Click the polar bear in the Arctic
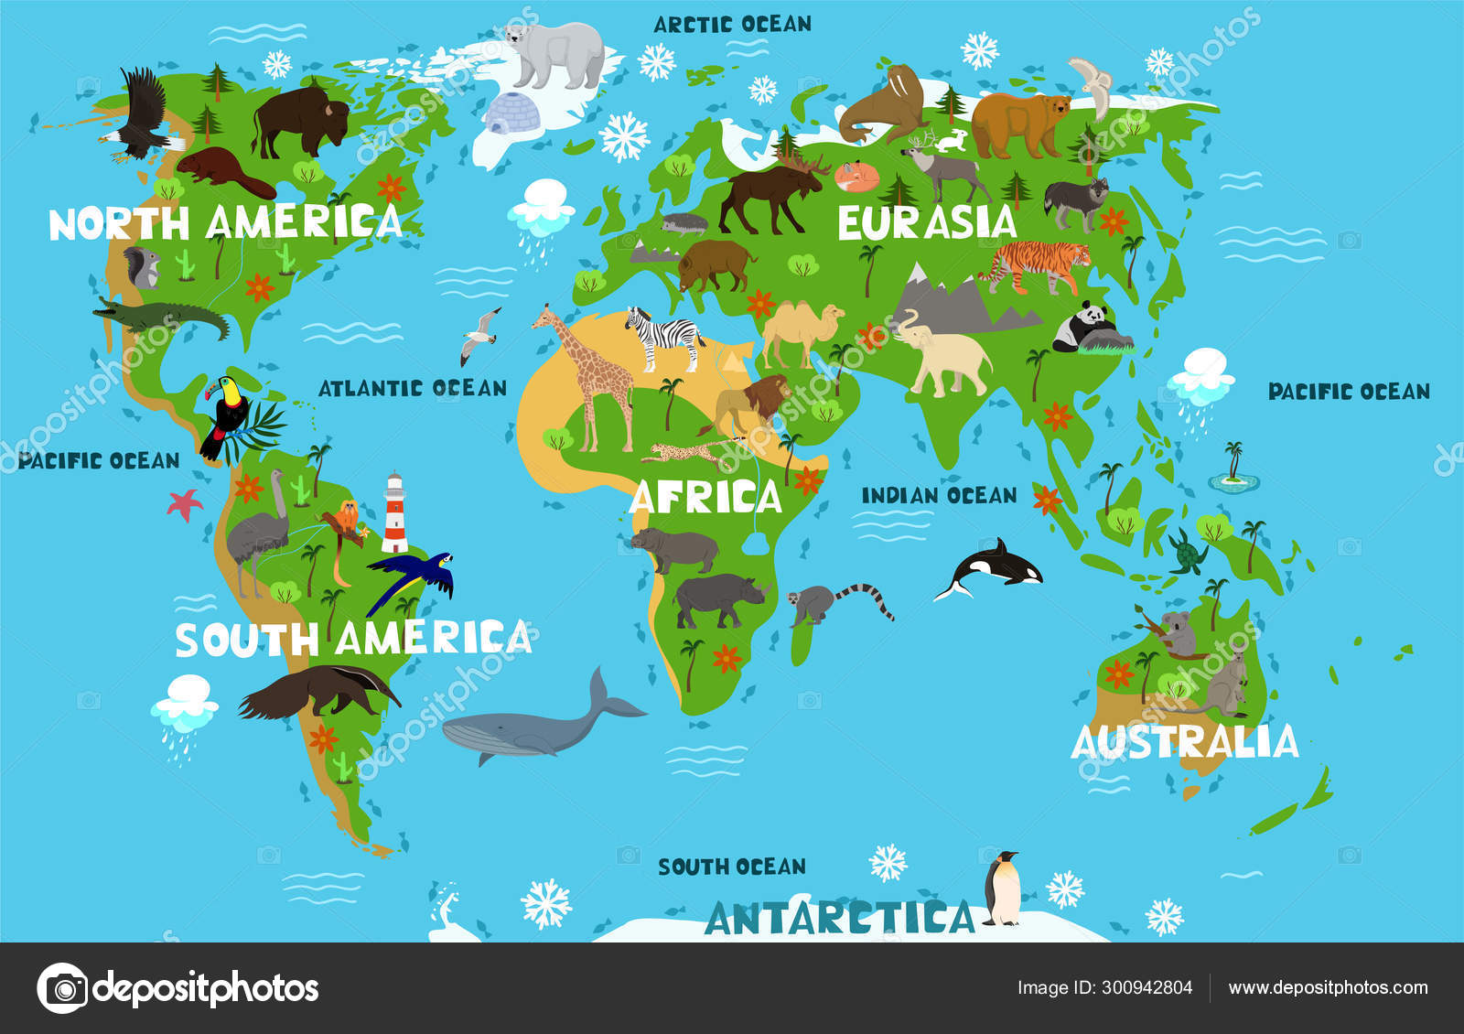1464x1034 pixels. point(556,55)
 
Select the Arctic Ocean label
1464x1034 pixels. point(732,24)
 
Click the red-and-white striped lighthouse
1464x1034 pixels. point(394,514)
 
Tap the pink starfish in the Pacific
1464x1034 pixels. point(185,504)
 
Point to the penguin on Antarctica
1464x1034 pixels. point(1003,888)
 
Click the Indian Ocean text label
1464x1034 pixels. point(939,495)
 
